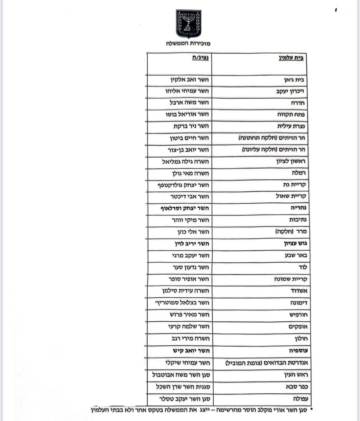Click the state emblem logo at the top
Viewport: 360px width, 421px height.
point(188,24)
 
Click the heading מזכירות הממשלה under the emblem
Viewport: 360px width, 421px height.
point(188,43)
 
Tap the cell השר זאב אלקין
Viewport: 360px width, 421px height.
point(189,80)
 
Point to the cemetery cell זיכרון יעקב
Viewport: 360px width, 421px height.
point(290,91)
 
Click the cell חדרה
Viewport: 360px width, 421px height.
point(297,103)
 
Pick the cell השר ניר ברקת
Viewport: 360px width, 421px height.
point(191,126)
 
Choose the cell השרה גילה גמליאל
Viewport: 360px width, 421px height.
point(185,161)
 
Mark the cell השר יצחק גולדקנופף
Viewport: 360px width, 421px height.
point(183,185)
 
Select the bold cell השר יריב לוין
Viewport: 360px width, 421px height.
point(192,244)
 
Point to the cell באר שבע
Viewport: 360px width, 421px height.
point(296,256)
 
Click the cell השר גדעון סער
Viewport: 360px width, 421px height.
point(191,267)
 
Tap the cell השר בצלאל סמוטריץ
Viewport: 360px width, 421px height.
point(182,303)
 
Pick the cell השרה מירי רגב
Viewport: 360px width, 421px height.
point(190,338)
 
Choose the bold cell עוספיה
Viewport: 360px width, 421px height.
point(297,351)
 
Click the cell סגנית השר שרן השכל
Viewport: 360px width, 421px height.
point(182,387)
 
